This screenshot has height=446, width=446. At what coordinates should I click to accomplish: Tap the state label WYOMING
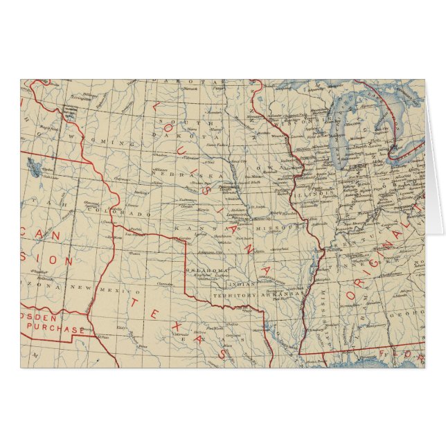tap(110, 142)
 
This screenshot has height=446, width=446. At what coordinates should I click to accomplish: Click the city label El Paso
tap(104, 337)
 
